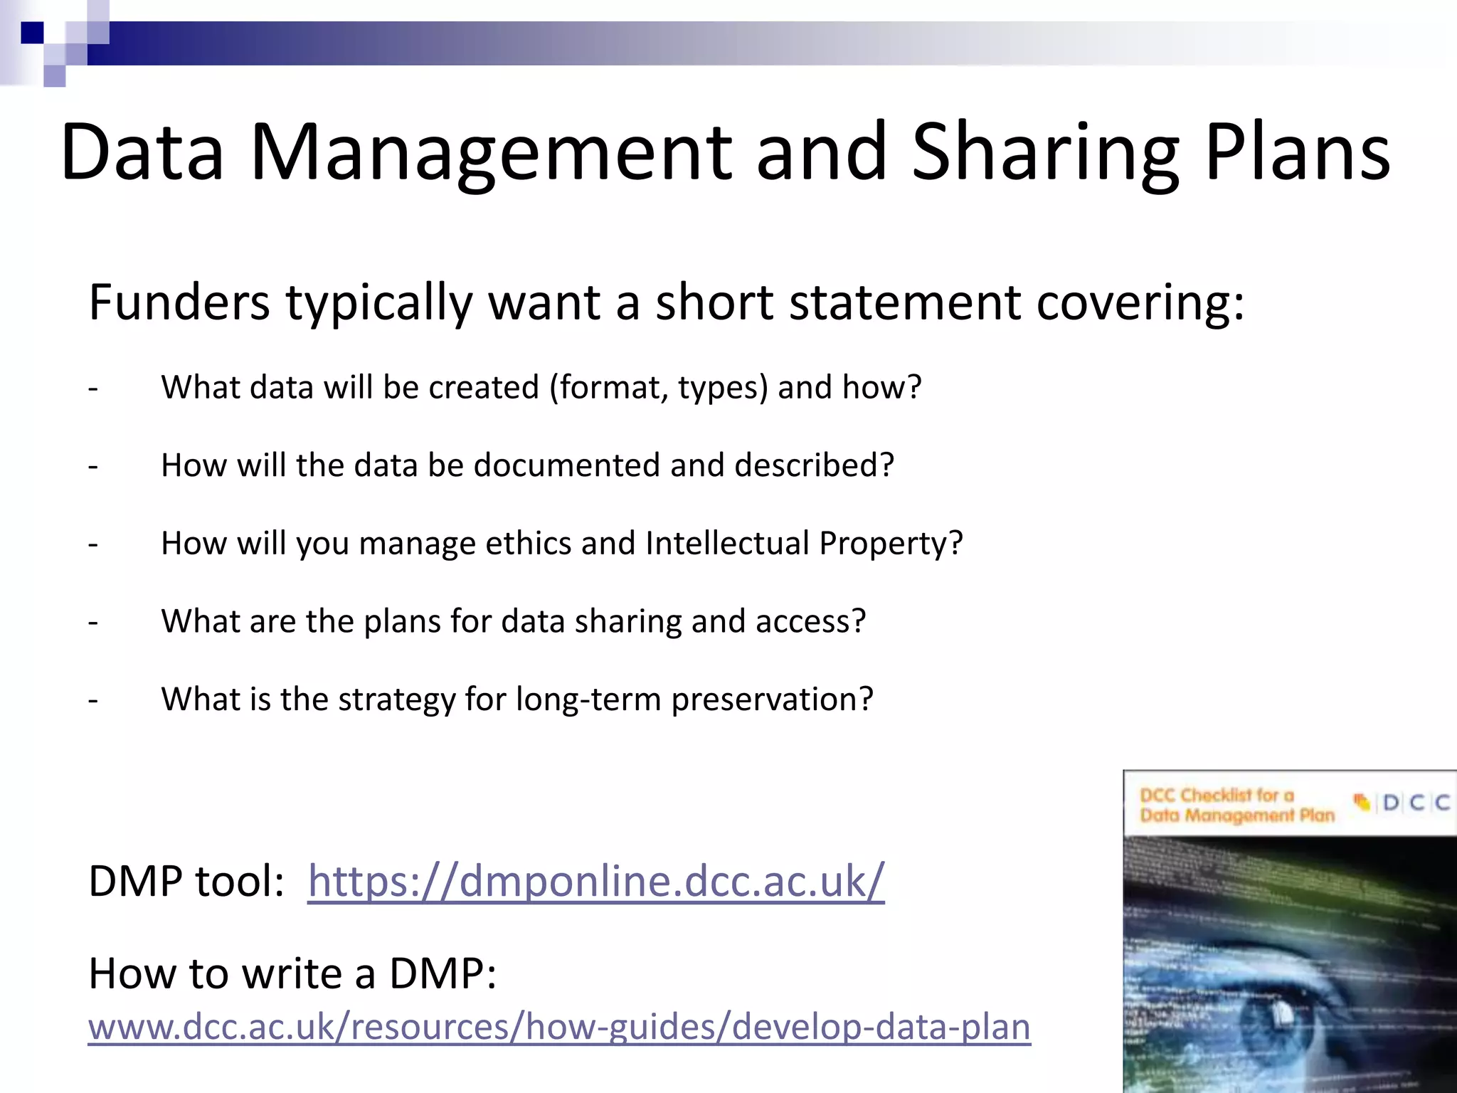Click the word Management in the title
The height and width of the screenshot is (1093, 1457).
point(491,153)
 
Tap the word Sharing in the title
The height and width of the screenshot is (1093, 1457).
point(1045,153)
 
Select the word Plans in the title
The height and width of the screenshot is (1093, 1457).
point(1297,153)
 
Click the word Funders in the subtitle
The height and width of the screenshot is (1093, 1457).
point(179,302)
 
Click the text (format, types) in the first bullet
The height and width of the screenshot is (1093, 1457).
point(659,389)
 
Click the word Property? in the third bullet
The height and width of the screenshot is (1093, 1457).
point(891,544)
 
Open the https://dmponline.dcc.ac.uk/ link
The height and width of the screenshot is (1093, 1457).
point(595,882)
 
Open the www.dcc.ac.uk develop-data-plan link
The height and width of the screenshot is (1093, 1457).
point(559,1028)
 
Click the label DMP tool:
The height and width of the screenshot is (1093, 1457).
point(186,882)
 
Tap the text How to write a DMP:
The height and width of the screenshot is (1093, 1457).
point(292,973)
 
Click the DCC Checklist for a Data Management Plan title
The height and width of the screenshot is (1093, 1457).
point(1236,805)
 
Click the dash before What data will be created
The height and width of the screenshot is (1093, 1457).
point(93,389)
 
